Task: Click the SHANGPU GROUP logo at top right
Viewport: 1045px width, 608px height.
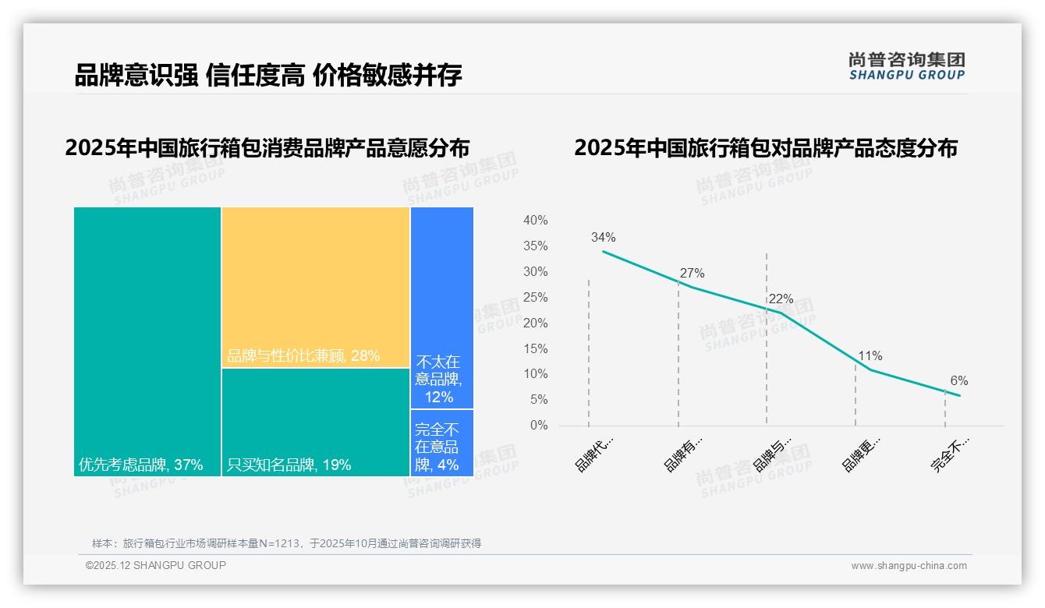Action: point(906,66)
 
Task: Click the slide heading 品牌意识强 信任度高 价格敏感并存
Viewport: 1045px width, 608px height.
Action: point(268,75)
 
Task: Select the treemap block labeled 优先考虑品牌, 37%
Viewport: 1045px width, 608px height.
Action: point(147,341)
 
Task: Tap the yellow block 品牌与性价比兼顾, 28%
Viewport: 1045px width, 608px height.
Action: point(315,287)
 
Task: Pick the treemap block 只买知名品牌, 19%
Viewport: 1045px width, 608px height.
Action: point(315,422)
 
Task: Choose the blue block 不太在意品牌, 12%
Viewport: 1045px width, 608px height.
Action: point(441,307)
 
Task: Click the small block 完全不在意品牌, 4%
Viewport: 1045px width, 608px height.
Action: point(441,443)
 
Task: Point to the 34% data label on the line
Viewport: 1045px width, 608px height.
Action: point(603,238)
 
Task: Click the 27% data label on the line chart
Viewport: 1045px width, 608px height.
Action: point(692,273)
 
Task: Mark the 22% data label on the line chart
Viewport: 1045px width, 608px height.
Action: point(781,299)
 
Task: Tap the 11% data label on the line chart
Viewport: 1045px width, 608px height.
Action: point(870,356)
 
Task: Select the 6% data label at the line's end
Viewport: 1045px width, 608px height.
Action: point(958,381)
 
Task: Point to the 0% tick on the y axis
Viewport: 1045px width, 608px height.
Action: point(539,426)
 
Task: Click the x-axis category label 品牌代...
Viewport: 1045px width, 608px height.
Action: point(594,454)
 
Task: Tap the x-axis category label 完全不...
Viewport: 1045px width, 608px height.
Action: point(950,454)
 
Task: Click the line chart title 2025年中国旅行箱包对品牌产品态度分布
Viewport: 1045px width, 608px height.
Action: point(765,148)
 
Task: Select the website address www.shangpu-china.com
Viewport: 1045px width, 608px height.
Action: point(909,566)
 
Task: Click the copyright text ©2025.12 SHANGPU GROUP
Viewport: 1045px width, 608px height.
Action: point(156,565)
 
